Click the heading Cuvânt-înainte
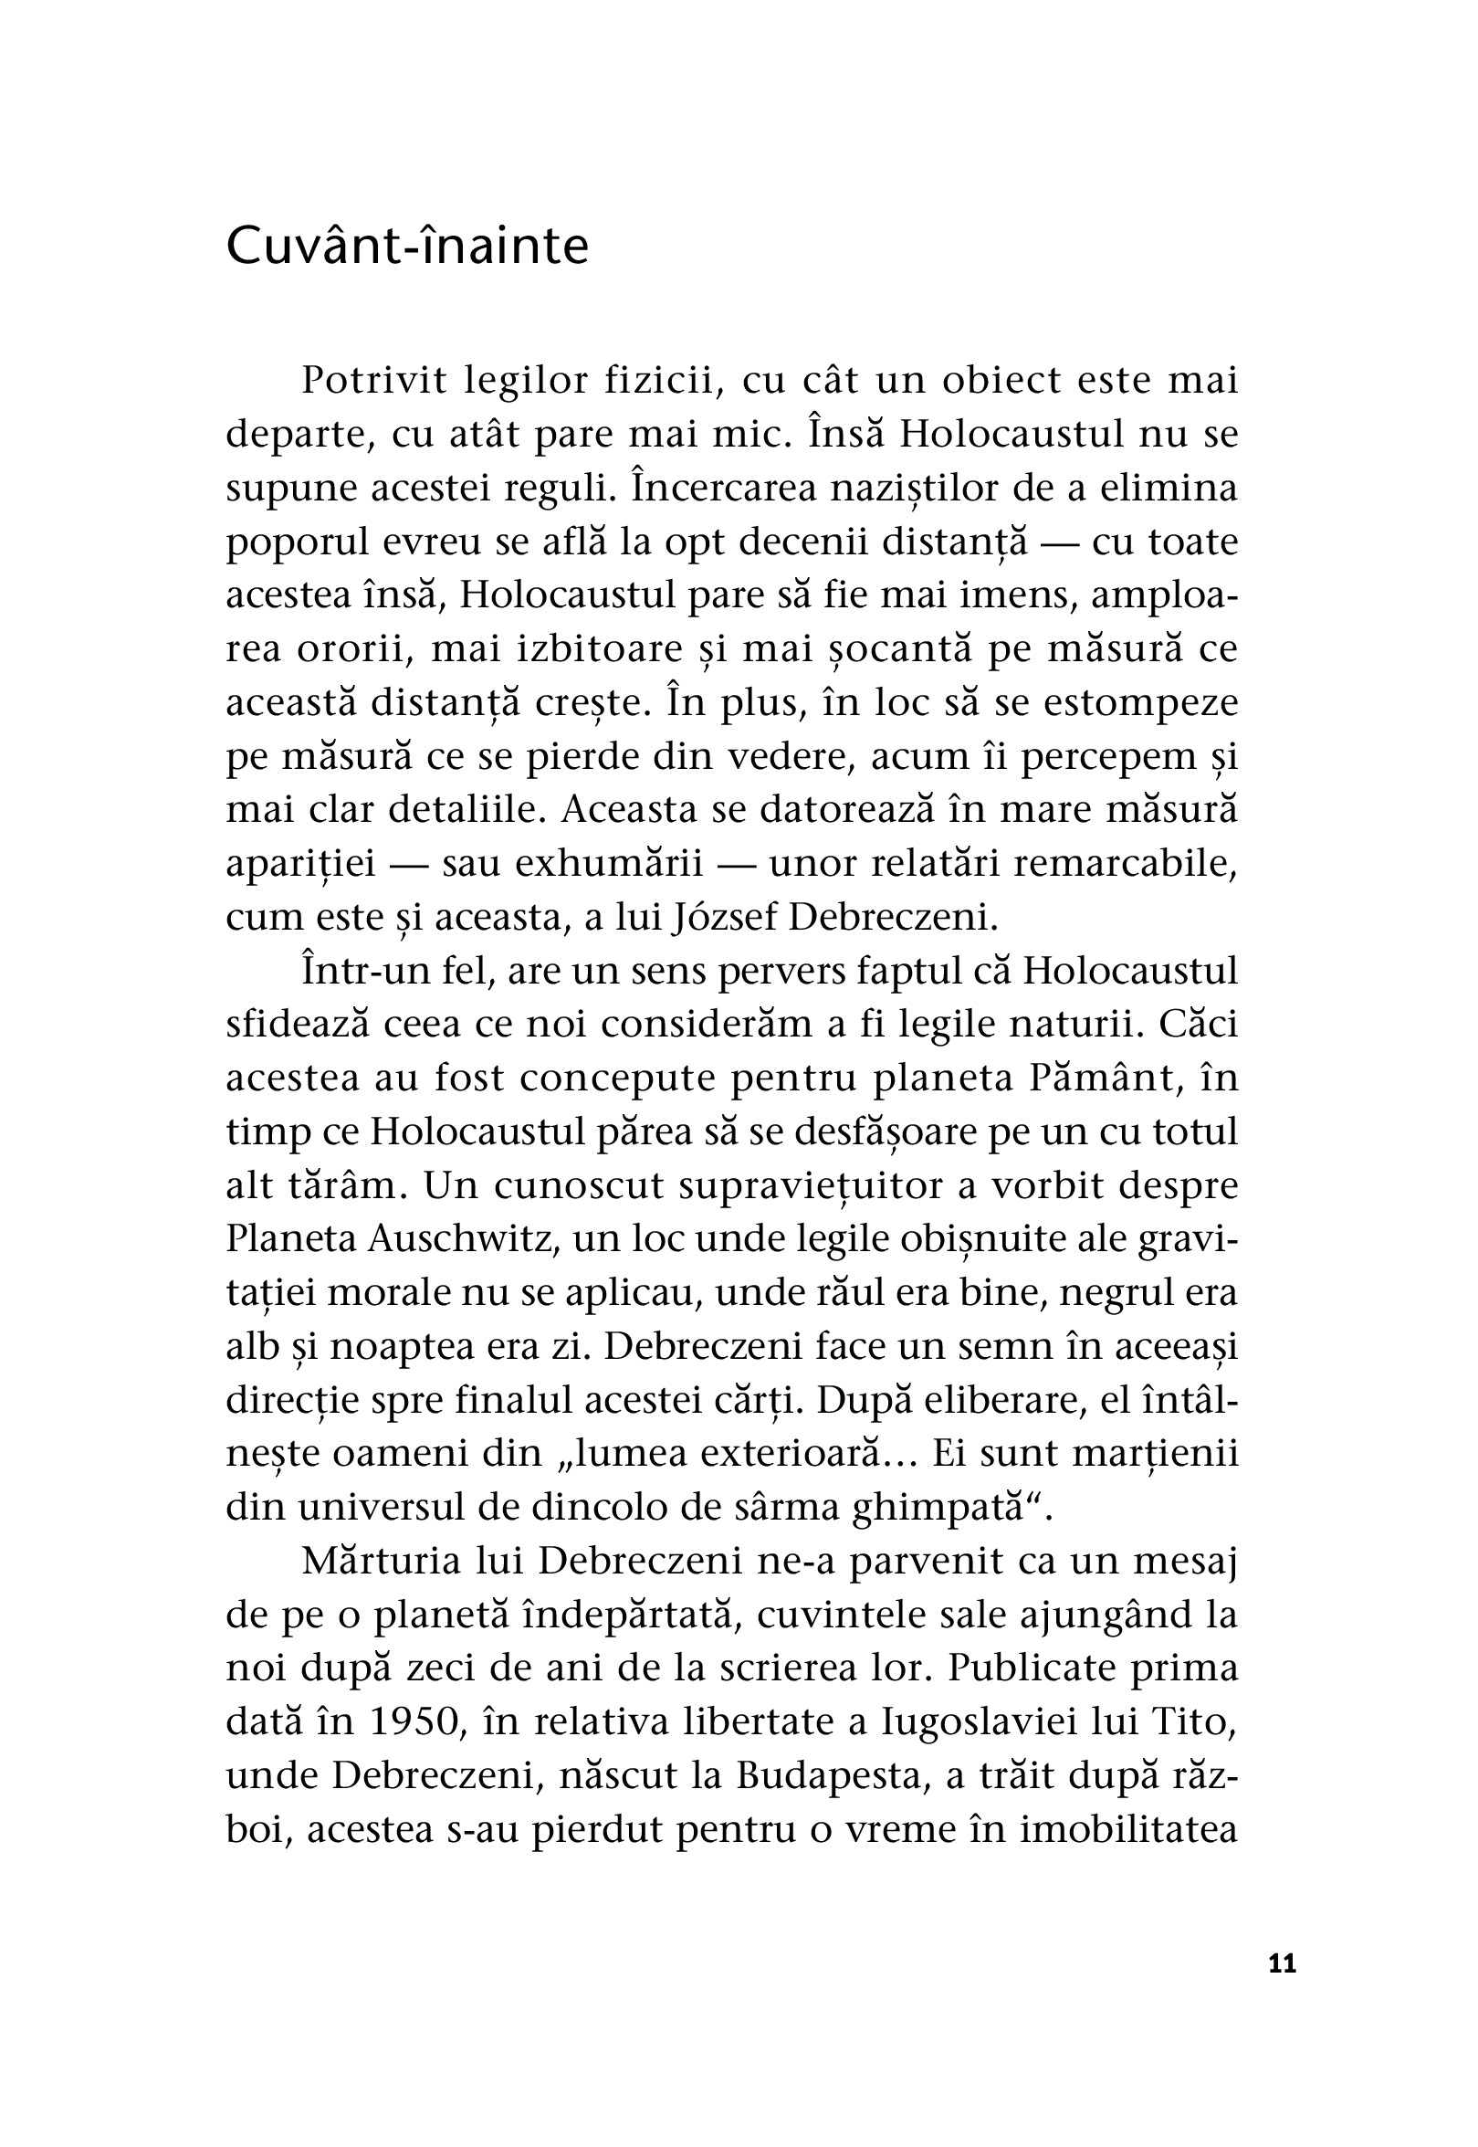click(407, 247)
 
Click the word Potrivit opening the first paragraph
click(374, 381)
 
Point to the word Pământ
click(1098, 1079)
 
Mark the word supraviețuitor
click(812, 1185)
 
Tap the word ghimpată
click(950, 1507)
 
